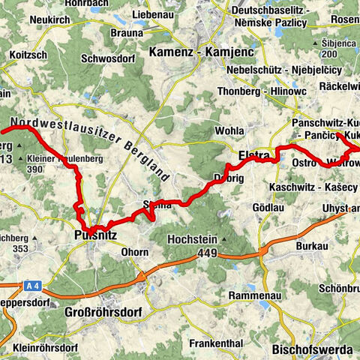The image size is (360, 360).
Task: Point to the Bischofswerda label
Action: [308, 349]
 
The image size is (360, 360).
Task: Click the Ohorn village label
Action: [135, 252]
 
